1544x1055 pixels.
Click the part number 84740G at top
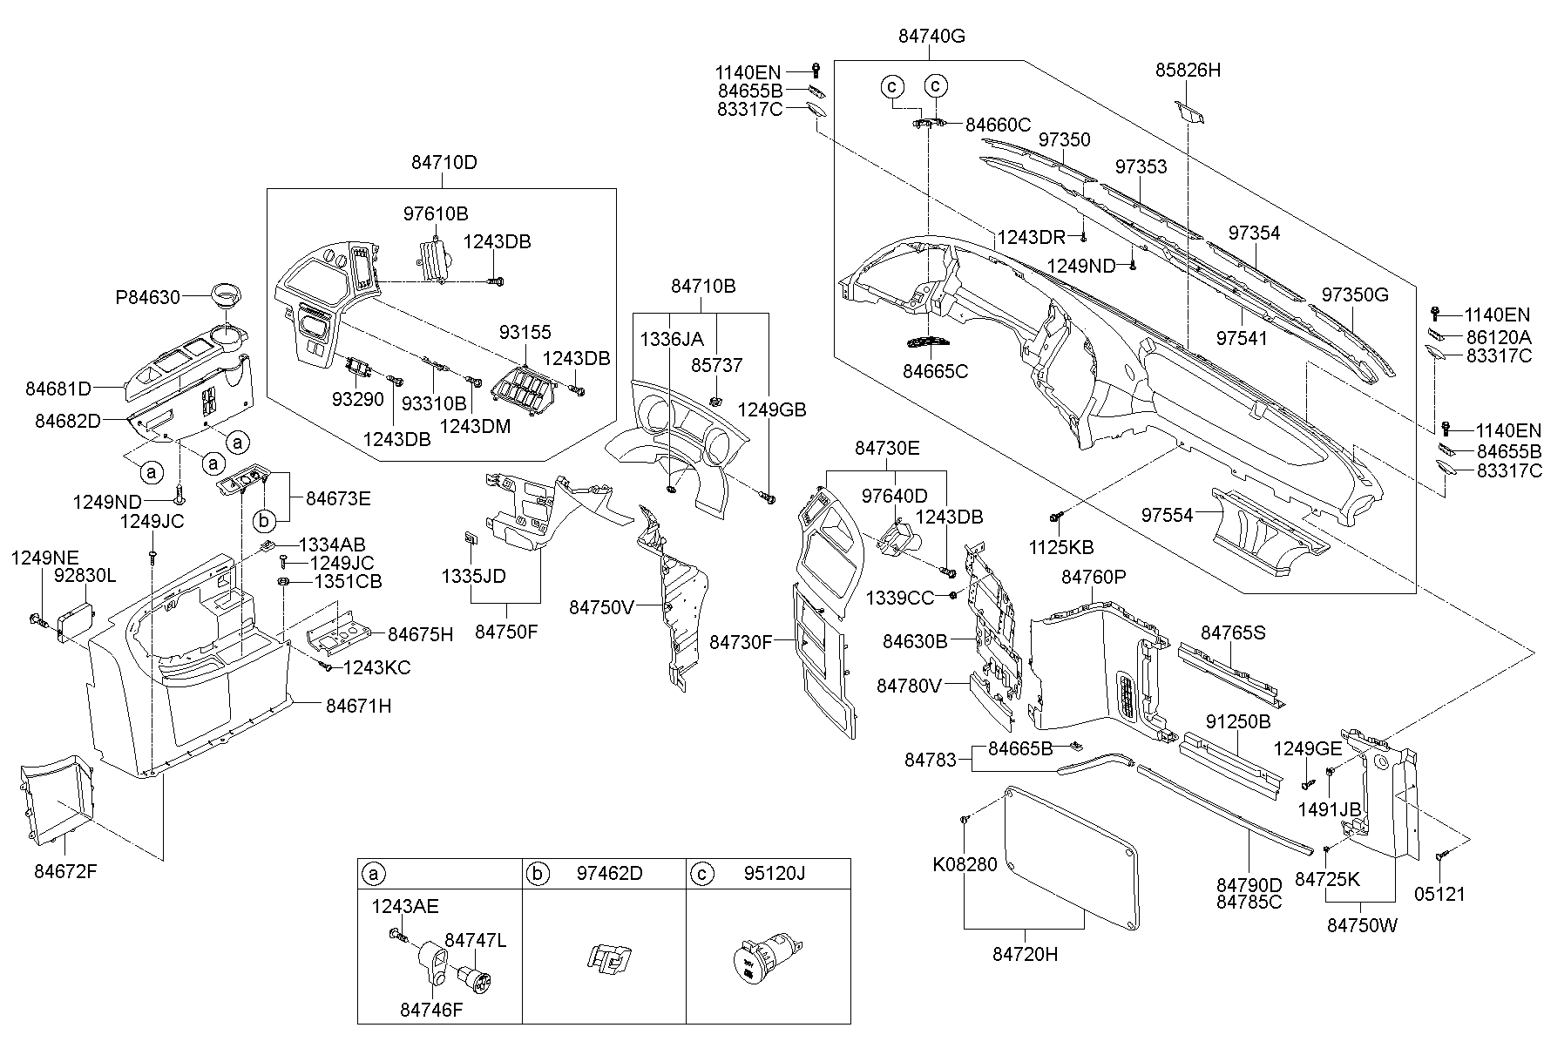pos(931,37)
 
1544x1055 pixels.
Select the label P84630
pos(147,297)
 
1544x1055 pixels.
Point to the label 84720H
pos(1025,955)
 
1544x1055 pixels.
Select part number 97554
pos(1168,516)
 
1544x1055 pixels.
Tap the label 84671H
pos(358,706)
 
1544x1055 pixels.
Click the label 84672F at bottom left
pos(67,870)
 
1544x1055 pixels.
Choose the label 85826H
pos(1188,70)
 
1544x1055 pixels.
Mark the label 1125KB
pos(1061,548)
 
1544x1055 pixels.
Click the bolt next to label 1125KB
pos(1056,517)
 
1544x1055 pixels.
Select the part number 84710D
pos(444,163)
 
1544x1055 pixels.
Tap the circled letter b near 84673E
pos(265,520)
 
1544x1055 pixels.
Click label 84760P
pos(1094,577)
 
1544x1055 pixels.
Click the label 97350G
pos(1355,294)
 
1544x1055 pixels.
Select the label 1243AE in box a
pos(404,907)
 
